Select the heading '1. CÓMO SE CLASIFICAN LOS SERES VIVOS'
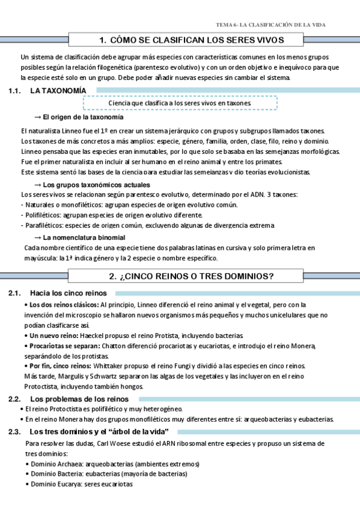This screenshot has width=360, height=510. tap(192, 40)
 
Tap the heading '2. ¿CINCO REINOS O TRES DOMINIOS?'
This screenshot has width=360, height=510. tap(191, 277)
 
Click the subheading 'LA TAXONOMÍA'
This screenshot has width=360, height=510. tap(58, 90)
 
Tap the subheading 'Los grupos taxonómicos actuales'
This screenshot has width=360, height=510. tap(97, 185)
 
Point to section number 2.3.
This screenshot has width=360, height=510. tap(15, 432)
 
